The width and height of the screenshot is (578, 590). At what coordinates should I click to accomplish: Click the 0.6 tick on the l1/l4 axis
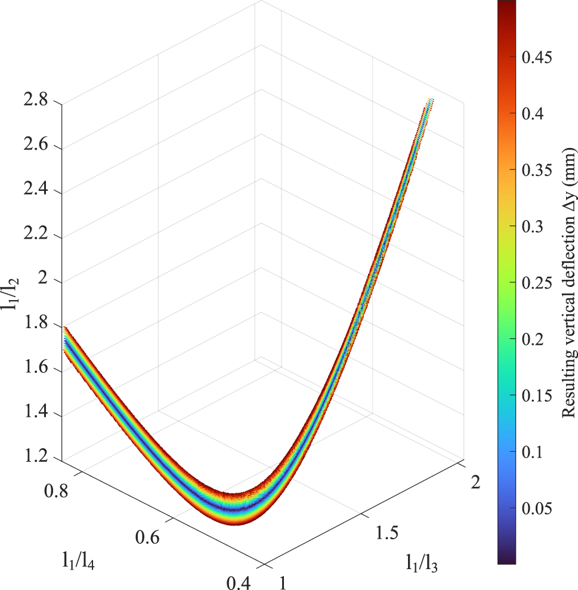coord(147,538)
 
